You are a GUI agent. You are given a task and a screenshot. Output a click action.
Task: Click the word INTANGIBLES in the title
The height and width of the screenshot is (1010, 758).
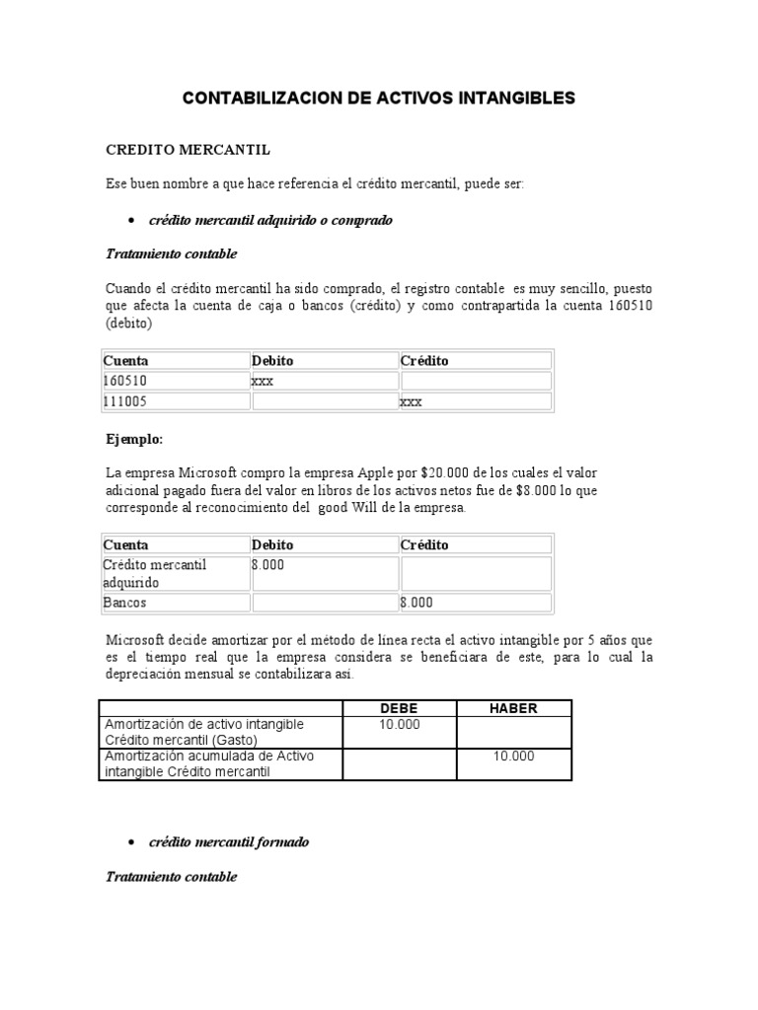(511, 99)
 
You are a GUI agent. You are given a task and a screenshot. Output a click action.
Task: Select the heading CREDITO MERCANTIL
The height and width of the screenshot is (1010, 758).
(188, 150)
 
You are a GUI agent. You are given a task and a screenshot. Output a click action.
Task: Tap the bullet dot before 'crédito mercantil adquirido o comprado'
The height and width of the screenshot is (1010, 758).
(132, 220)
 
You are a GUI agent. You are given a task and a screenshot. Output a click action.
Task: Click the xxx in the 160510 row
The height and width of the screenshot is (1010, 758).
(263, 381)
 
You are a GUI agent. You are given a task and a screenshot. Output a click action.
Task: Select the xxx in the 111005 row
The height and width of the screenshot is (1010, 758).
(411, 401)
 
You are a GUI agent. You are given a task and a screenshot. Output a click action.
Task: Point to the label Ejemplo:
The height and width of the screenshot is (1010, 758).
(133, 438)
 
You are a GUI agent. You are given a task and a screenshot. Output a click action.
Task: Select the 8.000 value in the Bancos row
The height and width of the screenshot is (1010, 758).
(416, 603)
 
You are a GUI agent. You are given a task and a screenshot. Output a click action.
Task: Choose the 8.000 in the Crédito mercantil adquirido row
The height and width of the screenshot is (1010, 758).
(267, 565)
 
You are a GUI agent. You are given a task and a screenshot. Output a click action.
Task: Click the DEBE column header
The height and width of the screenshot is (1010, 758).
(400, 708)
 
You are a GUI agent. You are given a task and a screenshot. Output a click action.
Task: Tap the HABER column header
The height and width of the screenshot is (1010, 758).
(514, 708)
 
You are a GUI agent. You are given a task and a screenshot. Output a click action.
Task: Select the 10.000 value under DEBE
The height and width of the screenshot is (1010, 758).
(400, 725)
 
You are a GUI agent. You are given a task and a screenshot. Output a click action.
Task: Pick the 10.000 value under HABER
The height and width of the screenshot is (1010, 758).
(514, 757)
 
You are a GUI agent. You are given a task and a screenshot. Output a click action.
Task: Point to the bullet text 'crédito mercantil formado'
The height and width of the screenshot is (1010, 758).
(228, 842)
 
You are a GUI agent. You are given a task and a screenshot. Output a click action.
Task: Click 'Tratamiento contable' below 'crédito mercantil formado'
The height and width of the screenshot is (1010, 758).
(171, 876)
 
